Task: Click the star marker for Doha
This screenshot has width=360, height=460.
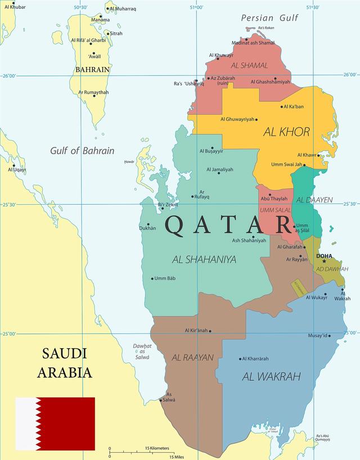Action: pyautogui.click(x=324, y=261)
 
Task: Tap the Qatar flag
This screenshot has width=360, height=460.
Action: pyautogui.click(x=55, y=423)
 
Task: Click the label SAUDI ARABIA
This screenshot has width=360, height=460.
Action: pyautogui.click(x=65, y=363)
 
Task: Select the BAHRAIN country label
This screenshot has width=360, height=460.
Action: pyautogui.click(x=92, y=70)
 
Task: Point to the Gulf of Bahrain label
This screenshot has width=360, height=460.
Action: pyautogui.click(x=82, y=151)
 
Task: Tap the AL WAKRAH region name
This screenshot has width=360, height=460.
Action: pyautogui.click(x=271, y=377)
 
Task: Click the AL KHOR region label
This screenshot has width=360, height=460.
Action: pyautogui.click(x=286, y=132)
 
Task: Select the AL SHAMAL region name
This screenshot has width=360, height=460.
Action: pyautogui.click(x=249, y=65)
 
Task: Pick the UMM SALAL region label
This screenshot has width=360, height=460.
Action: pyautogui.click(x=275, y=210)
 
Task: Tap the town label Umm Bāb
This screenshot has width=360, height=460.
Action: pyautogui.click(x=165, y=278)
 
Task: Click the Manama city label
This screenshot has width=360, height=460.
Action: pyautogui.click(x=100, y=20)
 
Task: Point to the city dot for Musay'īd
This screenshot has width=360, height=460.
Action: pyautogui.click(x=330, y=336)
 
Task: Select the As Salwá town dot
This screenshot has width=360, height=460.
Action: pyautogui.click(x=161, y=400)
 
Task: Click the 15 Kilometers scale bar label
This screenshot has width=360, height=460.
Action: pyautogui.click(x=157, y=448)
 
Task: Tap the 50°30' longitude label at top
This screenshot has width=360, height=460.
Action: pyautogui.click(x=80, y=7)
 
